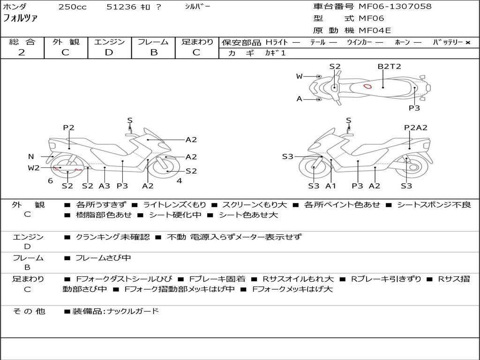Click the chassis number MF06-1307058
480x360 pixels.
[395, 7]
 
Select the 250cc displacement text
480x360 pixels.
[72, 7]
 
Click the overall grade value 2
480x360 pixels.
[22, 52]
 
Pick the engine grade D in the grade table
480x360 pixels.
[109, 52]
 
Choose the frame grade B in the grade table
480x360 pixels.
[153, 52]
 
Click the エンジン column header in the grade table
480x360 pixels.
[109, 42]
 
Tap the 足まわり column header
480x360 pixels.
[197, 42]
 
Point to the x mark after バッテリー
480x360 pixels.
[468, 42]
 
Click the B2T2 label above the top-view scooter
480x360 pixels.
[390, 66]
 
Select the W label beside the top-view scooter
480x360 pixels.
[300, 76]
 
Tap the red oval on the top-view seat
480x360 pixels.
[368, 86]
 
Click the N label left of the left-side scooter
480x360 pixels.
[31, 157]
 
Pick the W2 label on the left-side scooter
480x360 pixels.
[34, 167]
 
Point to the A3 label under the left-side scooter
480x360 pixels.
[104, 186]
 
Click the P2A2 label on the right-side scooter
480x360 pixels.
[416, 127]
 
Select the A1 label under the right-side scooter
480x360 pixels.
[331, 186]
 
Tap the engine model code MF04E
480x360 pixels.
[375, 31]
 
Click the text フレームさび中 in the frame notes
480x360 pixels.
[103, 258]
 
